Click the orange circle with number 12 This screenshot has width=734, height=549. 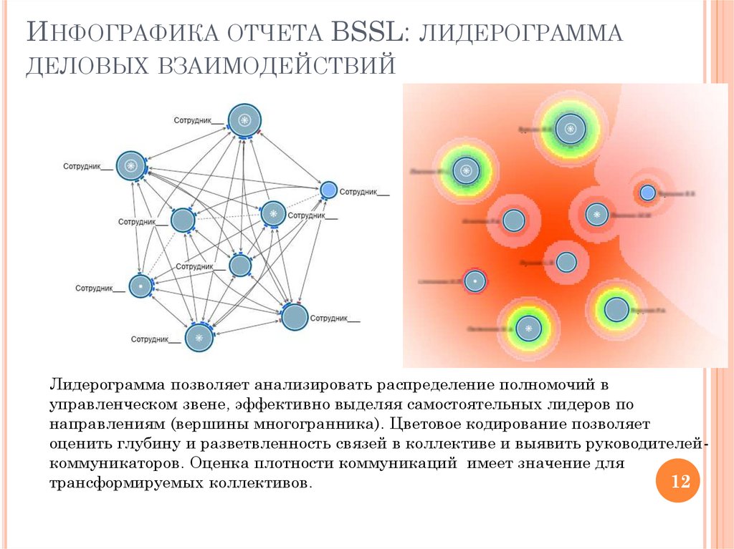coord(677,482)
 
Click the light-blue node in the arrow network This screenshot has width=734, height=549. coord(328,190)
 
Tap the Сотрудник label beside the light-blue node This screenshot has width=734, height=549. coord(364,192)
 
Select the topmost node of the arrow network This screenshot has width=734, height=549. coord(244,120)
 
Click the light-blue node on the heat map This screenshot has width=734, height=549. coord(647,193)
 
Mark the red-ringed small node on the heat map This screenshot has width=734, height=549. coord(475,281)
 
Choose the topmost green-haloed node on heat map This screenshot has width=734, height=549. coord(570,129)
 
